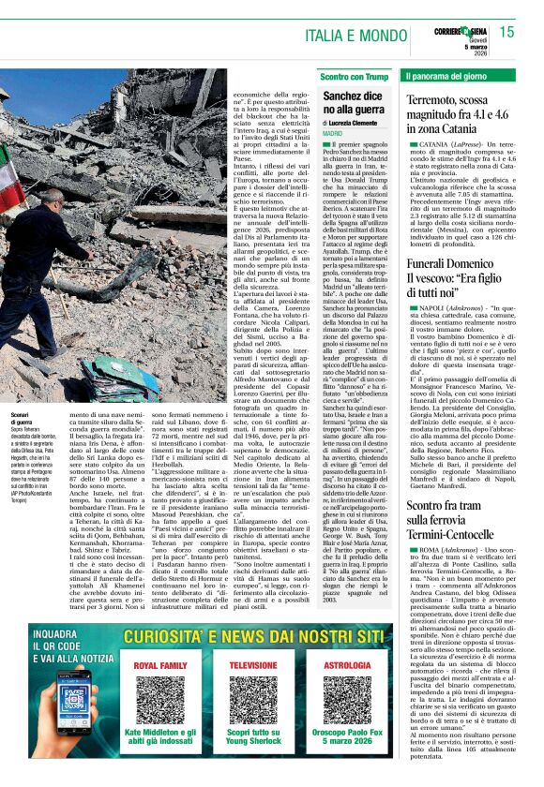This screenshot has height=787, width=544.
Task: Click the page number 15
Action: (x=506, y=32)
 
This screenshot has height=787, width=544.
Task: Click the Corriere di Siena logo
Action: (x=459, y=33)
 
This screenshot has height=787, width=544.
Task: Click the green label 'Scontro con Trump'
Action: (x=353, y=75)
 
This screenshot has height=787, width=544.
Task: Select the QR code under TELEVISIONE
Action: (x=252, y=700)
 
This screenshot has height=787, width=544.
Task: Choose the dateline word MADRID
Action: (x=333, y=135)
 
